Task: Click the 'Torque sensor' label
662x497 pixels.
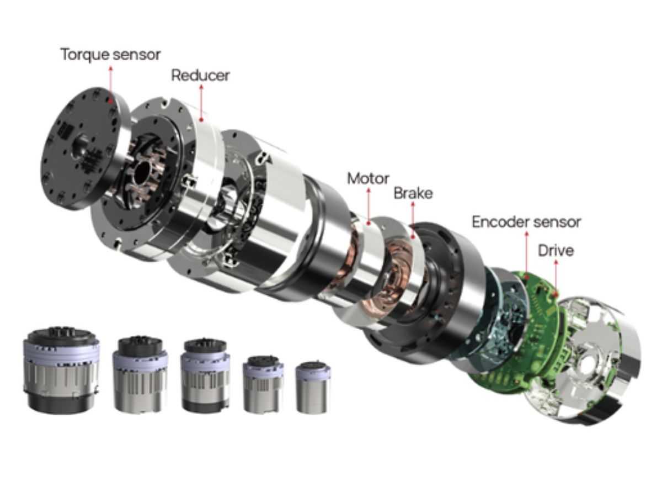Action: (x=110, y=55)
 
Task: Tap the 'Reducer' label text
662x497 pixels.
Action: (x=200, y=75)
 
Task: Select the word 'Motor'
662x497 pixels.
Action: (x=368, y=178)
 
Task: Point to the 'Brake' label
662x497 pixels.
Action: (x=413, y=193)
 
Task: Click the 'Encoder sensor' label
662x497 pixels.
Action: (x=526, y=222)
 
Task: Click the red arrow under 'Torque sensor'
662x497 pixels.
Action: (x=110, y=83)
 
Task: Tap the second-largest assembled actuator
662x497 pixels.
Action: (x=140, y=374)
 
